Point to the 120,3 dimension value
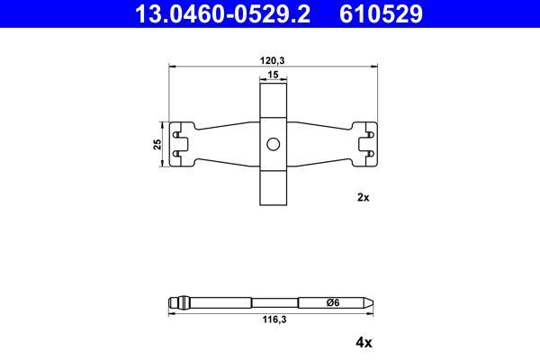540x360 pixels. pyautogui.click(x=273, y=59)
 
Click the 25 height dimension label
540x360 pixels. pyautogui.click(x=157, y=144)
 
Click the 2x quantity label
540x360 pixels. pyautogui.click(x=364, y=196)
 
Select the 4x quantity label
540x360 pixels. pyautogui.click(x=364, y=343)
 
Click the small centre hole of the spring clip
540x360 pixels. pyautogui.click(x=273, y=145)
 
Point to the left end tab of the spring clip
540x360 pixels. pyautogui.click(x=184, y=144)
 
